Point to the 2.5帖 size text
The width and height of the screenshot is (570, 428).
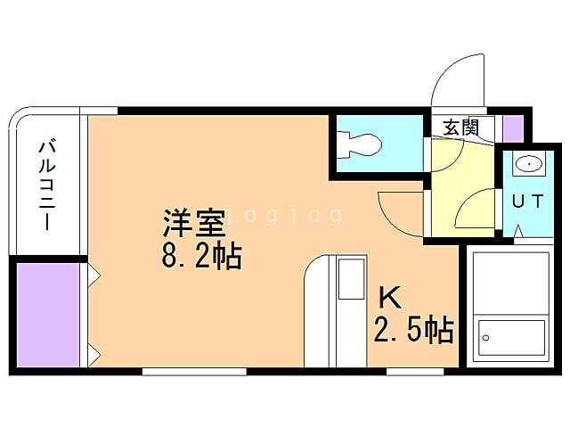click(413, 331)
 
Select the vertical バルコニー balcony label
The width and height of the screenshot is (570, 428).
click(45, 185)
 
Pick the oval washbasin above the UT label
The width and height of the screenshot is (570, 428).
click(527, 165)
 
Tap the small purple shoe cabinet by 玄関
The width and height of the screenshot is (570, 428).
click(513, 128)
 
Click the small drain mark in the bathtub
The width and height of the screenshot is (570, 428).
click(485, 338)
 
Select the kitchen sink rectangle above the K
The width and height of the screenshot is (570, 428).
click(350, 279)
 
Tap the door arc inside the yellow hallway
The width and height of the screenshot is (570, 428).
click(474, 212)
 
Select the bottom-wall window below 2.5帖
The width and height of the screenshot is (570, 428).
click(414, 370)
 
